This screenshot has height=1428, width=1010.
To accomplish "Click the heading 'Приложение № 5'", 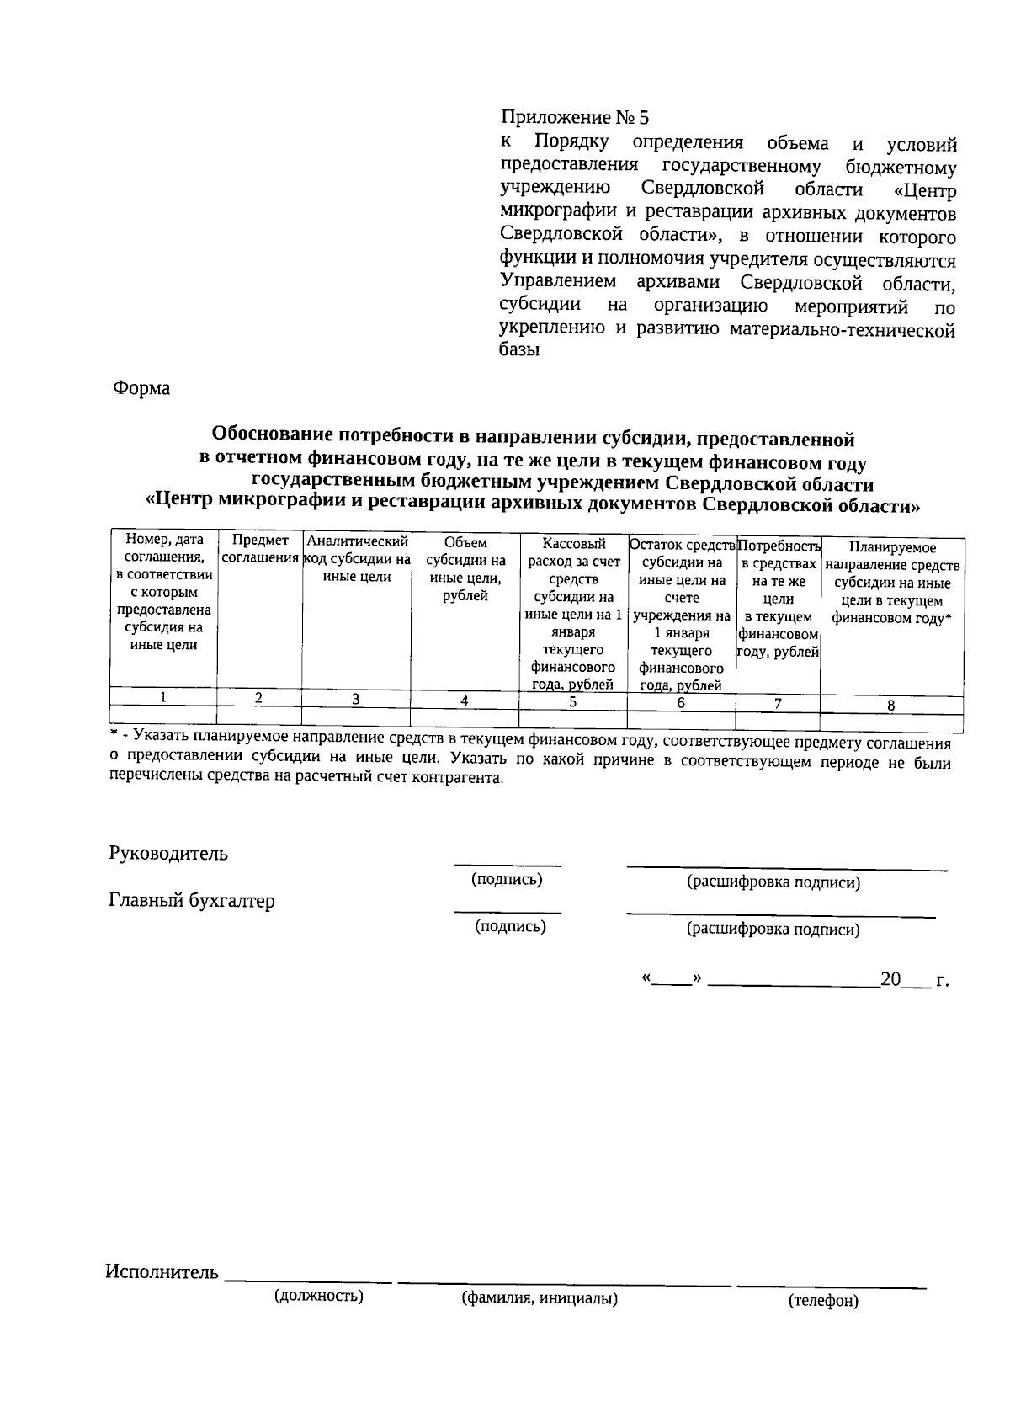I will [x=575, y=117].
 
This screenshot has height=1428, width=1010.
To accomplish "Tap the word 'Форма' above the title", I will [x=141, y=388].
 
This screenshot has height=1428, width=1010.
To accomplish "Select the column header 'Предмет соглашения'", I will [x=260, y=549].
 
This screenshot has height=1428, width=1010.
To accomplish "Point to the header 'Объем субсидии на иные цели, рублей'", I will [x=465, y=569].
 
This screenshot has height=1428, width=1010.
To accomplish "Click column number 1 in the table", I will [x=163, y=697].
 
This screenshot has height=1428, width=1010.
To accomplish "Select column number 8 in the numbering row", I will [x=890, y=706].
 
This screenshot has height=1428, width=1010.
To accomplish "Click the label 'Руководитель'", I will [x=168, y=853].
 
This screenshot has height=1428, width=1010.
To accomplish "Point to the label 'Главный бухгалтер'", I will [x=192, y=901].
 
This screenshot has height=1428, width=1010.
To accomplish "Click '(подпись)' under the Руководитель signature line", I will [x=507, y=879].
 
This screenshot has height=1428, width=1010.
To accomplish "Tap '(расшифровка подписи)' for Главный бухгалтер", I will [x=773, y=929].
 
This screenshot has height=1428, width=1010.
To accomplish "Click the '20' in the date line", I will [x=890, y=979].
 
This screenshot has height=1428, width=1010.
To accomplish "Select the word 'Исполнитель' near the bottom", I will [x=162, y=1271].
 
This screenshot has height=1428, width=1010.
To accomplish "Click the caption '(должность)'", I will [x=318, y=1296].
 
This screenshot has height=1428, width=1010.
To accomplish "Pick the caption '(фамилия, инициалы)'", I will [x=540, y=1298].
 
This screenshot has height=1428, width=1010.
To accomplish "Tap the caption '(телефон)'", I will [x=823, y=1301].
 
